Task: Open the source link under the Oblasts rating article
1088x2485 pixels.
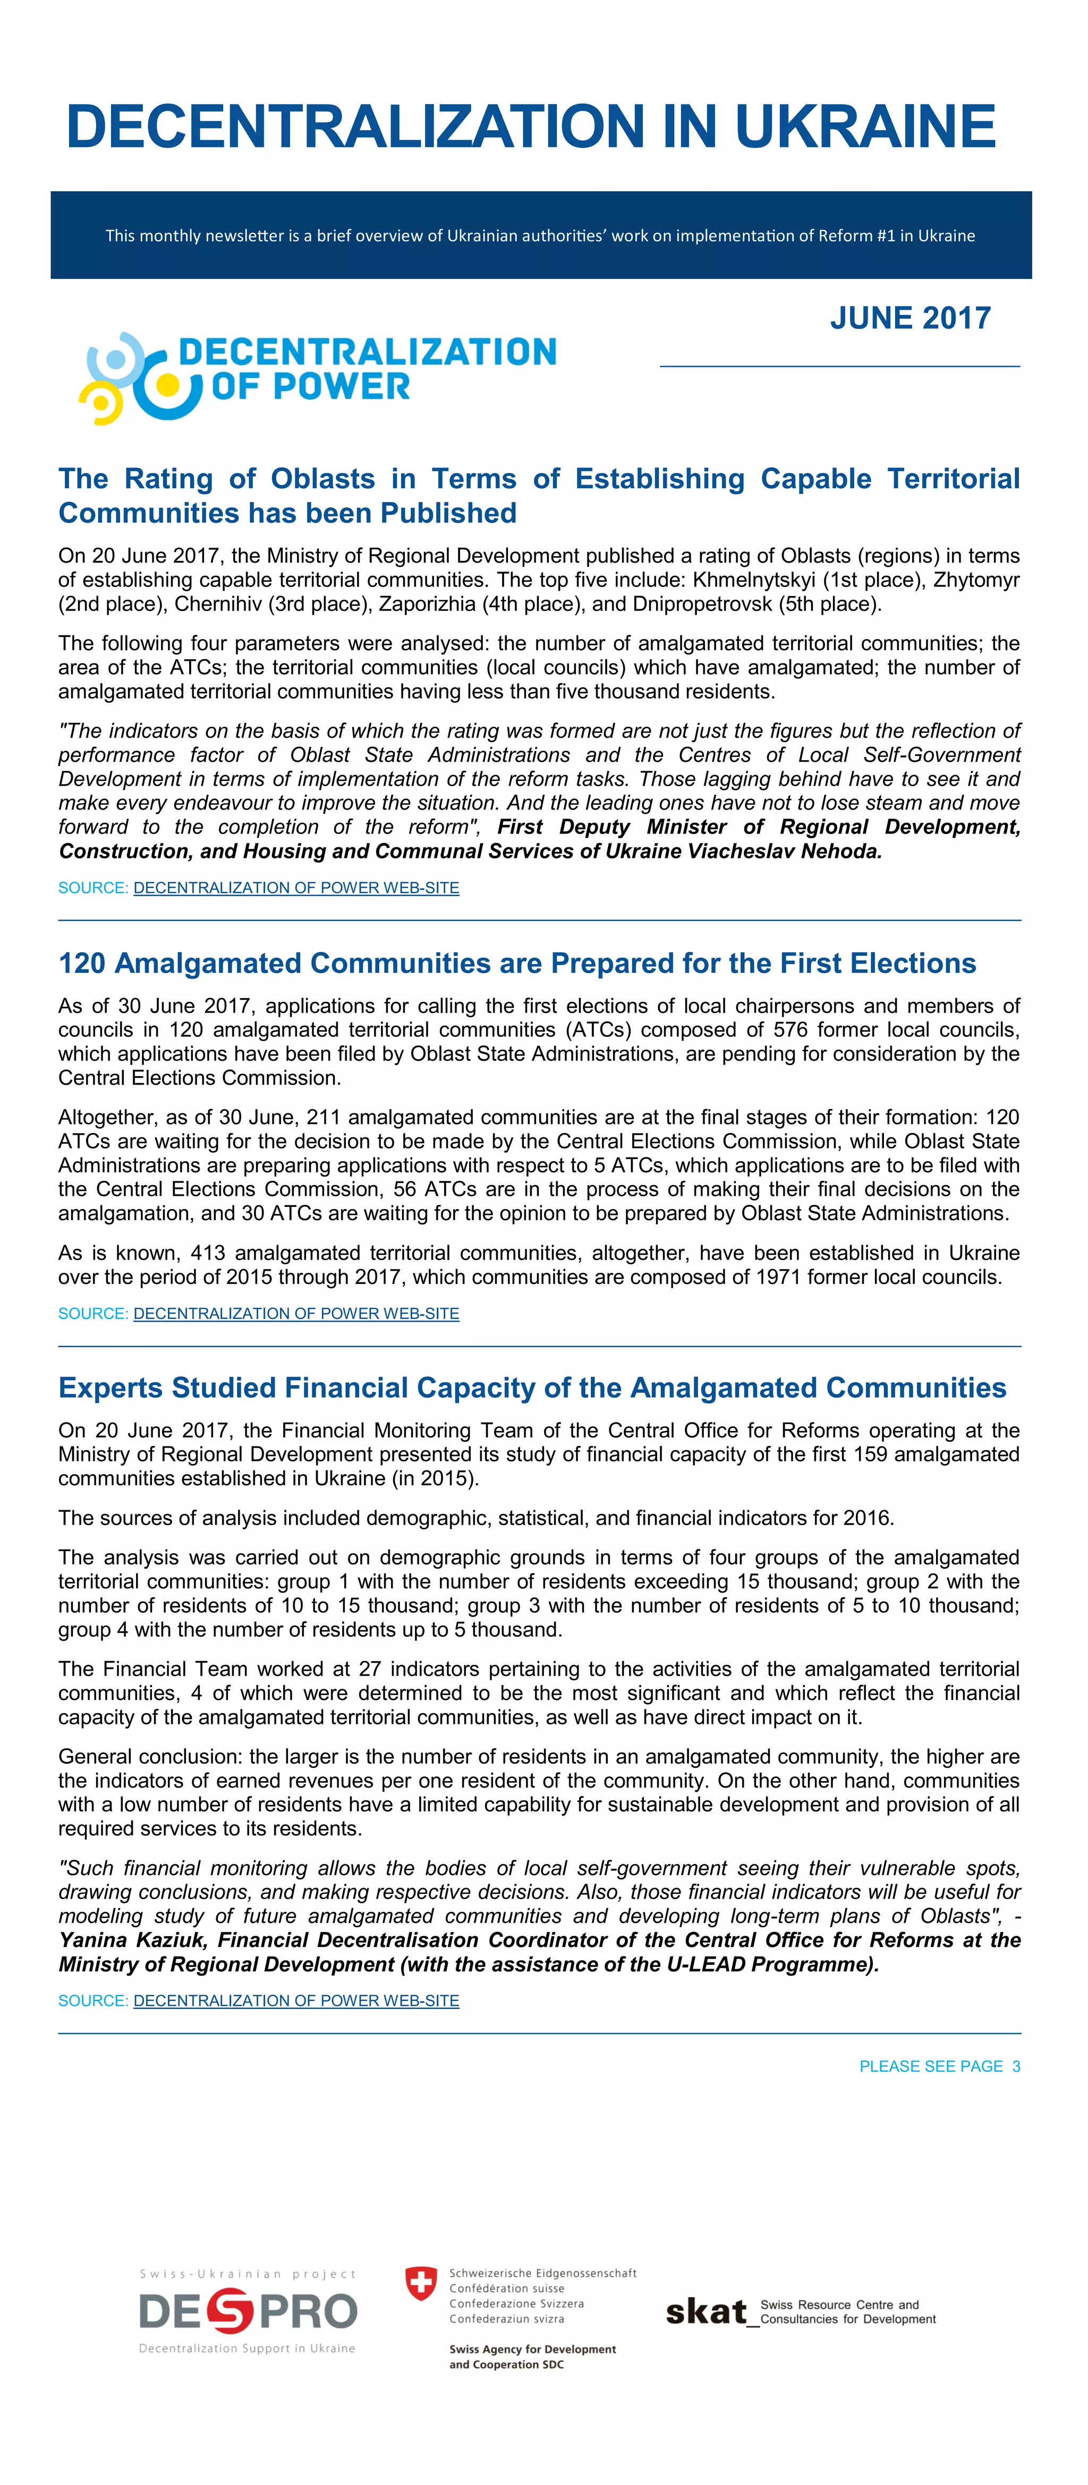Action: [296, 888]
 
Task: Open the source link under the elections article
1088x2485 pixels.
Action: [296, 1313]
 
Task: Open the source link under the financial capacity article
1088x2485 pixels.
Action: [296, 2001]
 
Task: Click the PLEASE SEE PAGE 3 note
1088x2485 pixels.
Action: [939, 2066]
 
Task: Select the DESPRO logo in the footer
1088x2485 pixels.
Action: [248, 2312]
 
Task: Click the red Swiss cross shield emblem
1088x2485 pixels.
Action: [421, 2283]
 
